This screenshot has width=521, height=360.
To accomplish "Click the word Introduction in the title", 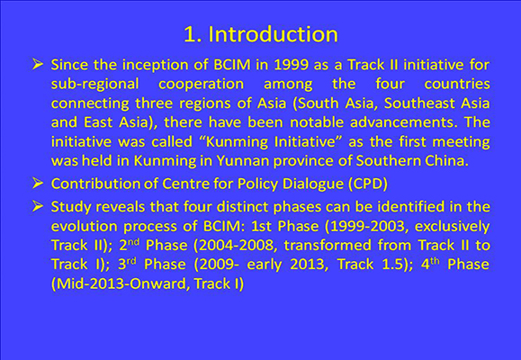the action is tap(273, 34).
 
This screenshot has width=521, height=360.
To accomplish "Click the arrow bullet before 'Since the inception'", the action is tap(38, 64).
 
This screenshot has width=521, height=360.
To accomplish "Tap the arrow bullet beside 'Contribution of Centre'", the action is tap(38, 183).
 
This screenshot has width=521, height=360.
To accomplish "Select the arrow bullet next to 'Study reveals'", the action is tap(38, 206).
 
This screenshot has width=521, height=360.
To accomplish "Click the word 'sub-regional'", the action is tap(94, 84).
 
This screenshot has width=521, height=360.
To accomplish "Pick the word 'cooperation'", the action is tap(201, 84).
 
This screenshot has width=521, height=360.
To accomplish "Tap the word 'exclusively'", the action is tap(453, 227).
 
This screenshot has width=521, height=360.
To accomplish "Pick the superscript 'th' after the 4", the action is tap(435, 261).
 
